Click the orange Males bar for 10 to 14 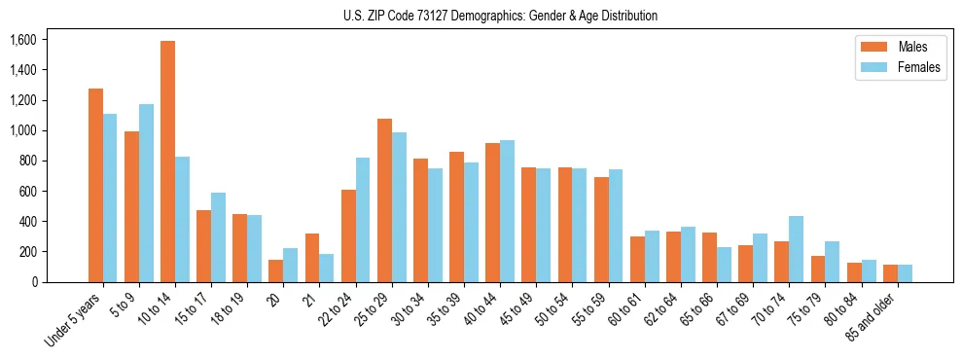[168, 162]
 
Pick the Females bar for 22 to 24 [363, 220]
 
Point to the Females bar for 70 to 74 [796, 249]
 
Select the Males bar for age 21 [312, 258]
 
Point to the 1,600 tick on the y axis [22, 40]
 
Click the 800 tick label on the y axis [26, 161]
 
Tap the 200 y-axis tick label [26, 252]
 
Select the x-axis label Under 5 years [74, 317]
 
